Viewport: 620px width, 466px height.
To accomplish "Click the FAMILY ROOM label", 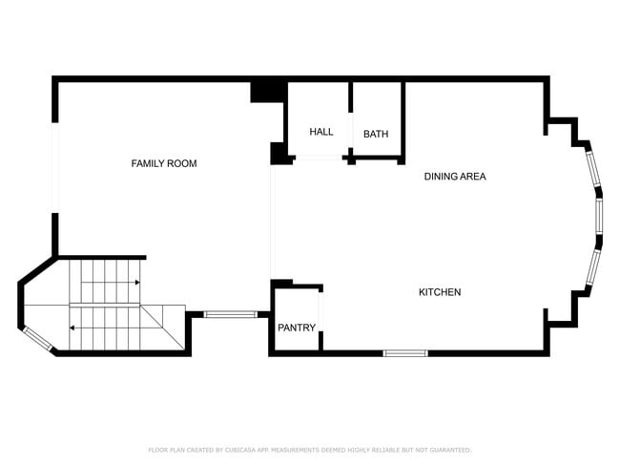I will (x=164, y=164).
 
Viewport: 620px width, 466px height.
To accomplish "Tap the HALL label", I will (x=321, y=132).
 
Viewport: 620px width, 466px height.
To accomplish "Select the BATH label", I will (x=376, y=134).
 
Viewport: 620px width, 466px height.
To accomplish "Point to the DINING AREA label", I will (x=455, y=177).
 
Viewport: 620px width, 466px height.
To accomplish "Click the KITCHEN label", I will (x=440, y=292).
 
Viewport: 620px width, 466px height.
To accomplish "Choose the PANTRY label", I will (x=297, y=328).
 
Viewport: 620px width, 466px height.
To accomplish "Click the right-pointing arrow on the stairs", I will (x=137, y=283).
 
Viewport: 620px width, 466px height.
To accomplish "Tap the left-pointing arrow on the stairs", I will (x=72, y=328).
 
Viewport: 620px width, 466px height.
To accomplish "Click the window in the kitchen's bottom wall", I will (x=405, y=353).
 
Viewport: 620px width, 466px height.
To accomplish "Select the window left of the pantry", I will (x=230, y=313).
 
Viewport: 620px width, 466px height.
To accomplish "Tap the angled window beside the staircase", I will (x=36, y=336).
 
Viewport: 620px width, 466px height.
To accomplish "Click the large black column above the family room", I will (x=268, y=91).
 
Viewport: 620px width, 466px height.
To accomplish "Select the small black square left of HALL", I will (x=280, y=154).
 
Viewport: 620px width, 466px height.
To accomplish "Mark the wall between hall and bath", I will (x=351, y=119).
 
